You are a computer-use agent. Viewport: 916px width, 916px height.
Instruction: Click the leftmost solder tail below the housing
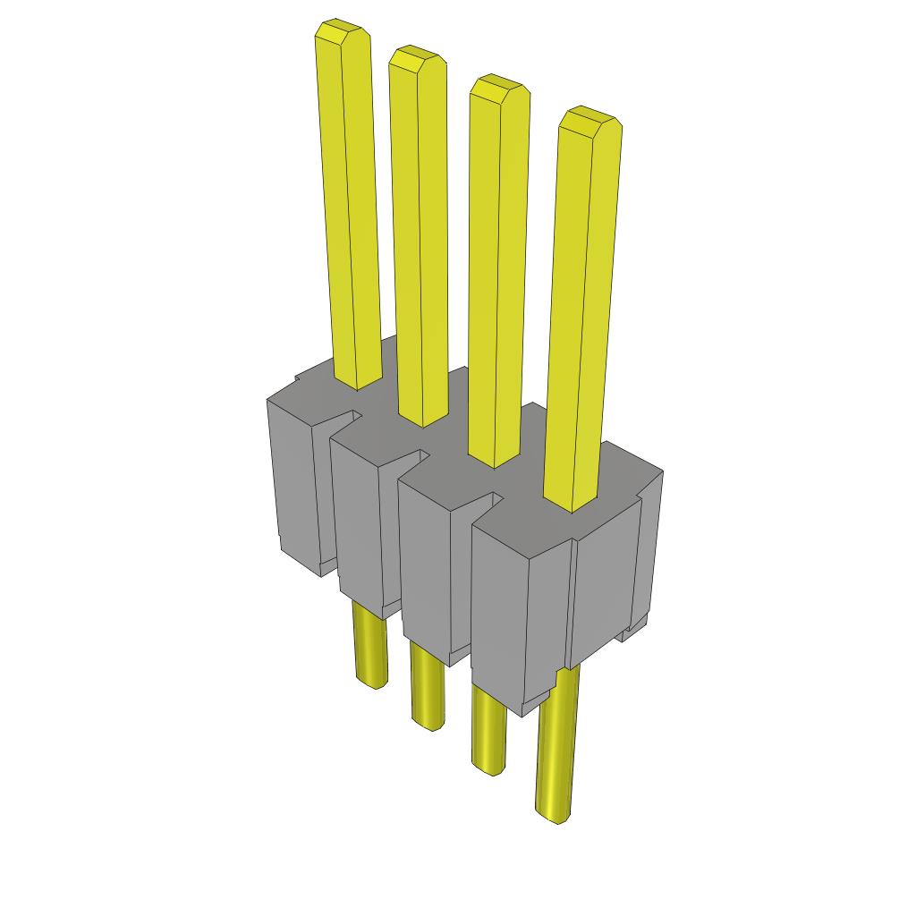click(369, 644)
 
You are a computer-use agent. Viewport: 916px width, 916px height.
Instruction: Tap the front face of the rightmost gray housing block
click(501, 608)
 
